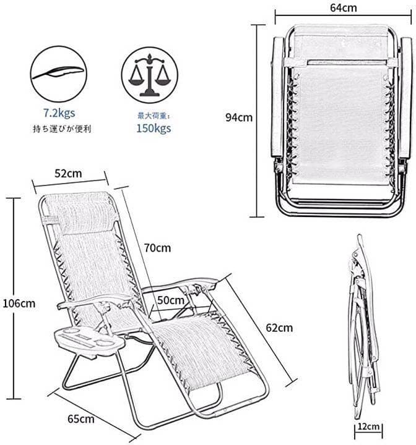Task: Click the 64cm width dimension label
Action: pos(343,7)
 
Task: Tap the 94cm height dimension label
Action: pos(239,117)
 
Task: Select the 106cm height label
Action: pos(19,303)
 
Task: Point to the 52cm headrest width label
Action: pos(68,174)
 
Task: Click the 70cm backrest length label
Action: pos(157,248)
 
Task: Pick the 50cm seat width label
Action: pos(171,300)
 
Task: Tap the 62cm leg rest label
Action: pos(279,328)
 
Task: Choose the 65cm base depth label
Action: pos(81,419)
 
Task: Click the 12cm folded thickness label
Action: pos(368,426)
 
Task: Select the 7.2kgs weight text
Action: pos(59,113)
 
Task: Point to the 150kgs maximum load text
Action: pos(154,129)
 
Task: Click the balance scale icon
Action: pos(150,75)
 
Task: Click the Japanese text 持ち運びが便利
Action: pos(62,129)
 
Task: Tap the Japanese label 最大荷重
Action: pos(154,116)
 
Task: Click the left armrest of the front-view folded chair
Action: pos(277,97)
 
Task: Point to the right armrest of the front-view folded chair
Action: pos(405,98)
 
